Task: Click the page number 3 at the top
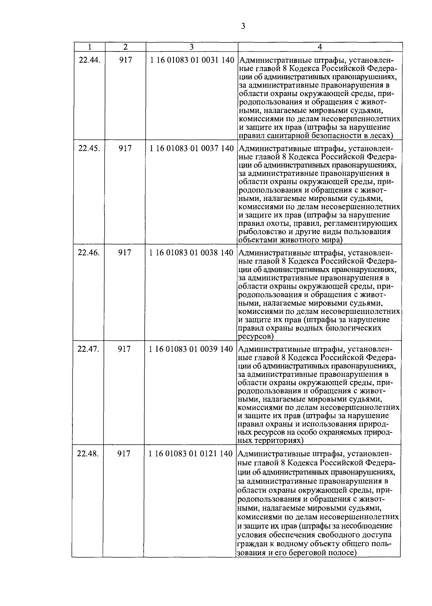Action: click(243, 26)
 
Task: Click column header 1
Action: click(89, 47)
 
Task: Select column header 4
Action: click(320, 47)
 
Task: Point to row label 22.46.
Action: click(89, 253)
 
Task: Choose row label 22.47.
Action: click(88, 349)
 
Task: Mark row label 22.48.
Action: click(88, 453)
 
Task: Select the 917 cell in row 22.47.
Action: click(124, 349)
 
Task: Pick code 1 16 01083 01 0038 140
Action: click(192, 253)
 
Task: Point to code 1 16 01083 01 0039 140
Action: click(191, 349)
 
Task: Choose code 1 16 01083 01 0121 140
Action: click(191, 453)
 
